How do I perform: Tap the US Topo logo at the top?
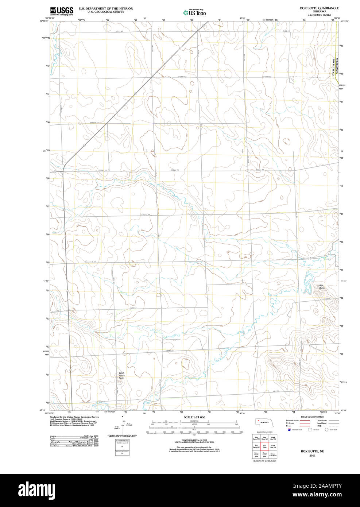[194, 13]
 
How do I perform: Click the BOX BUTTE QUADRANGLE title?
[319, 8]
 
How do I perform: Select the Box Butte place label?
[321, 287]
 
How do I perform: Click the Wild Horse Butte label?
[121, 376]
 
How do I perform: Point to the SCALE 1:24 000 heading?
[194, 417]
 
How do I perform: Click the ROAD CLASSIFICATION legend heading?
[312, 417]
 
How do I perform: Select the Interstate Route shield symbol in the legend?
[289, 430]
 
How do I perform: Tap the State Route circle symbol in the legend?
[327, 430]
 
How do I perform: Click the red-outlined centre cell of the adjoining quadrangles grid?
[264, 446]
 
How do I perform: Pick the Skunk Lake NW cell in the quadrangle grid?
[273, 438]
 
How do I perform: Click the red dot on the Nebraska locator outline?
[258, 420]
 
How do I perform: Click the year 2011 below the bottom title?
[312, 456]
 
